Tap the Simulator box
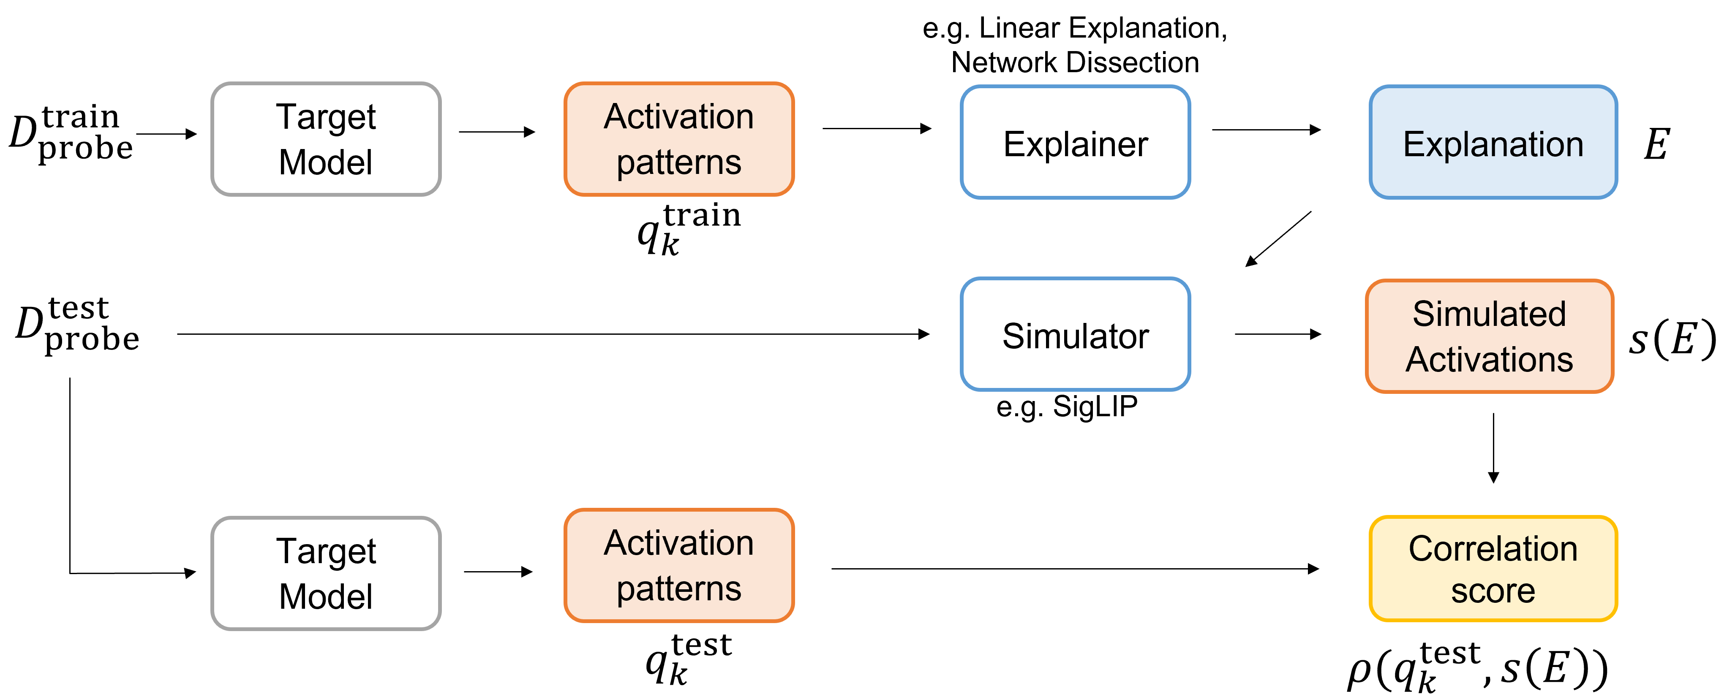pos(1075,335)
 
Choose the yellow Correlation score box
pos(1493,569)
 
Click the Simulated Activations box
pos(1489,336)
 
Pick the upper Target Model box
pos(326,139)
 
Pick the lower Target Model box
pos(326,573)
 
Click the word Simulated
pos(1489,314)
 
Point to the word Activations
pos(1489,360)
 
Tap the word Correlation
pos(1493,549)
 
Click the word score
pos(1493,591)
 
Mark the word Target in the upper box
pos(326,117)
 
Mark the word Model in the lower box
pos(326,596)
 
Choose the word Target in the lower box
pos(326,551)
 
